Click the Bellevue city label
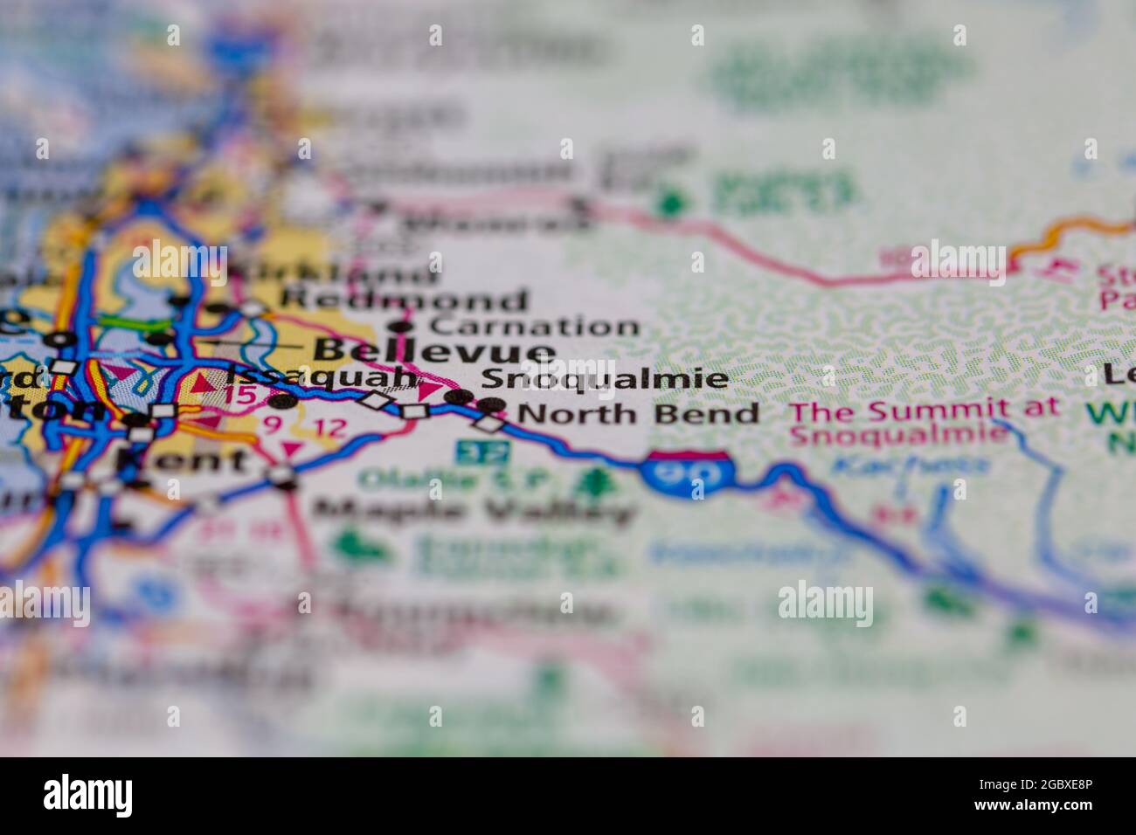pos(433,352)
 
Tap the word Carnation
pos(536,327)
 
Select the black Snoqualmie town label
pos(604,378)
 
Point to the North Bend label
pos(639,413)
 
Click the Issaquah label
pos(321,376)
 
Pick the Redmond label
pos(404,300)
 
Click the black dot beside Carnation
pos(400,328)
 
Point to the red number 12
pos(329,428)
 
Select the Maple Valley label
pos(472,510)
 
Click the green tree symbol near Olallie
pos(598,480)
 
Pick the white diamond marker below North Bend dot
pos(489,424)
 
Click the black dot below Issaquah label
pos(281,403)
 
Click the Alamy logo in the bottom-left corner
pos(88,794)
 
